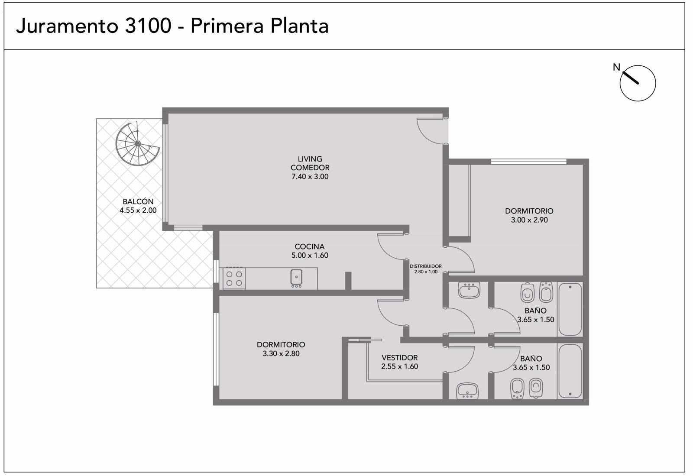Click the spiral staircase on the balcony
point(138,144)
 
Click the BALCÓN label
point(139,202)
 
